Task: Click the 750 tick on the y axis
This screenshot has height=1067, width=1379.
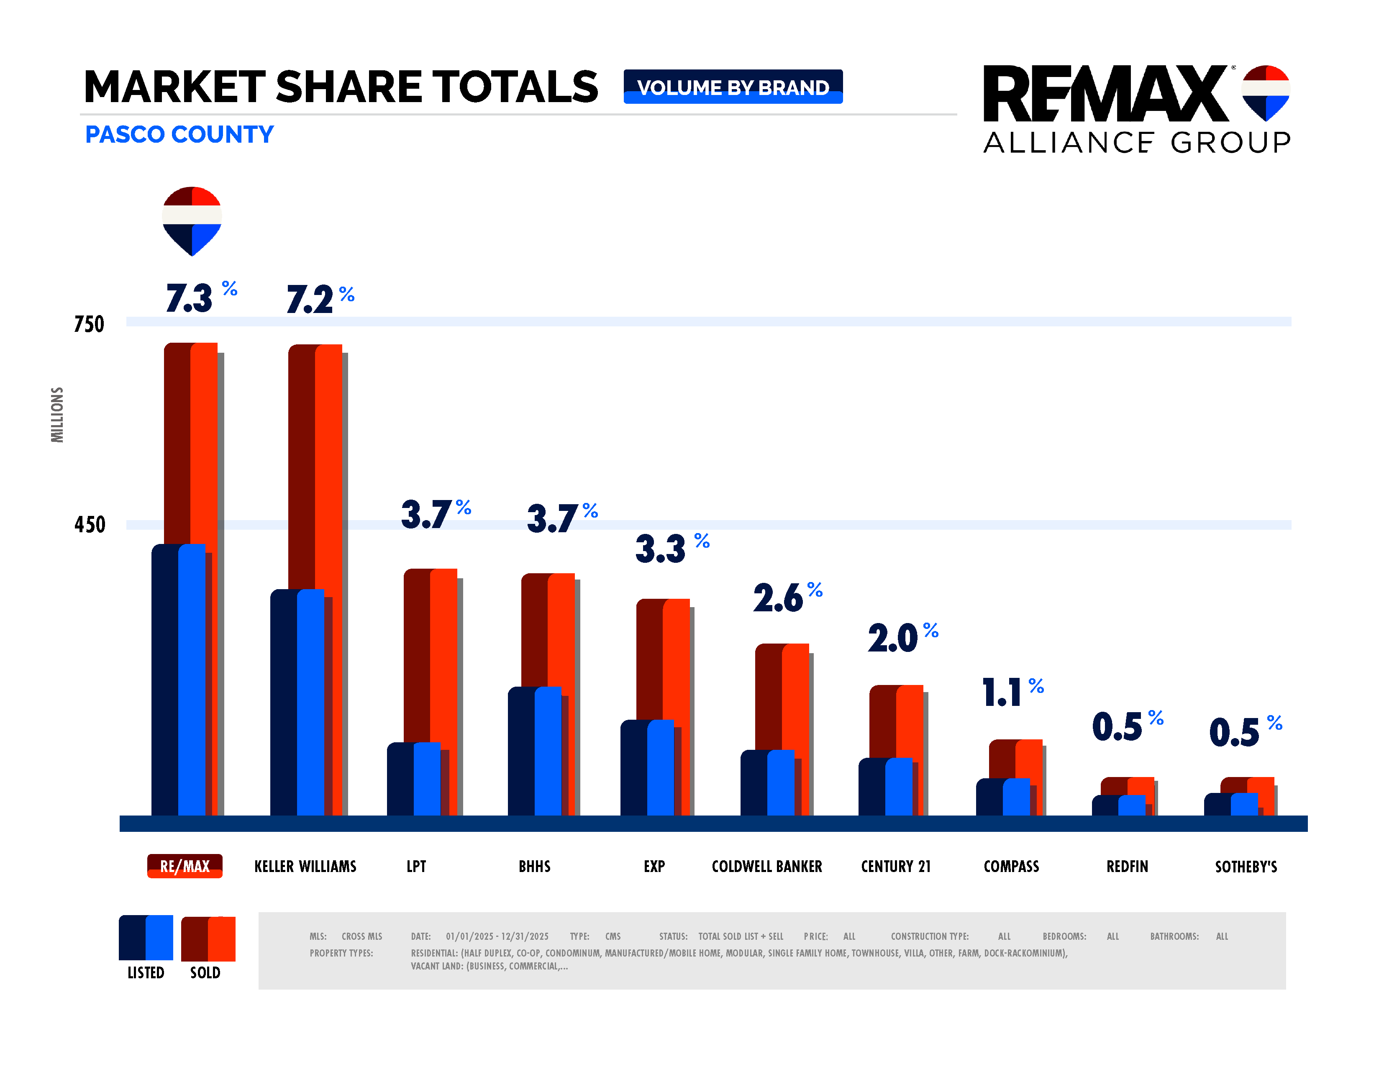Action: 89,324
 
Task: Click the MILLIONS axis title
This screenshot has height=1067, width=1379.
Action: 57,415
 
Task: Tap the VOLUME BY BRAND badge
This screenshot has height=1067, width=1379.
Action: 733,87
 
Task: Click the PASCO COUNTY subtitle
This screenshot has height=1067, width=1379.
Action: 179,134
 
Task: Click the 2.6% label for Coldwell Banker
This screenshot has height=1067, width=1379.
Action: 787,597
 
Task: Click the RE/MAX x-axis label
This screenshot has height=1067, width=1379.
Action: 185,866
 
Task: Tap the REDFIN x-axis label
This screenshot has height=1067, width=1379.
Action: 1127,866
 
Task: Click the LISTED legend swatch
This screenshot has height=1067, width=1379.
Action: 146,938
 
